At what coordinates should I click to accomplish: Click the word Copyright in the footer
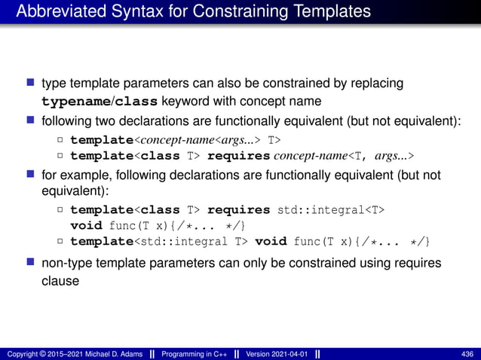click(x=22, y=353)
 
